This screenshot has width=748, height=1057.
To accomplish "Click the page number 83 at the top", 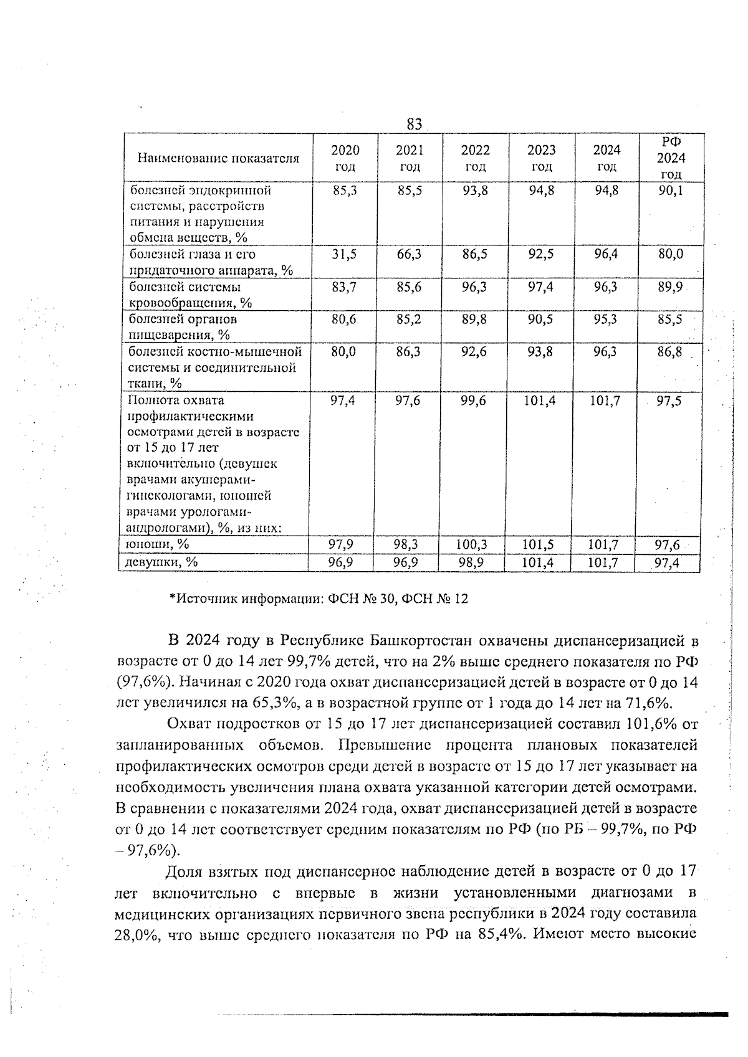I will pyautogui.click(x=415, y=124).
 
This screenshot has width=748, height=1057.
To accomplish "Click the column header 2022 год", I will pyautogui.click(x=475, y=158).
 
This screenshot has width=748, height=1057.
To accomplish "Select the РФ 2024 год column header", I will pyautogui.click(x=671, y=158).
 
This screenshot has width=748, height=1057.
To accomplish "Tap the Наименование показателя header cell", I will pyautogui.click(x=218, y=158).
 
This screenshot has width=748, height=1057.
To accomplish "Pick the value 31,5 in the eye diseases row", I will pyautogui.click(x=344, y=255).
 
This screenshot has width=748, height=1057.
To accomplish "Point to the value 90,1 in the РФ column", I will pyautogui.click(x=671, y=191).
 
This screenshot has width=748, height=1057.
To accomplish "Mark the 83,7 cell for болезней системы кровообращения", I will pyautogui.click(x=344, y=287).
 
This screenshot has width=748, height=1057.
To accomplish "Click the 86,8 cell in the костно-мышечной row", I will pyautogui.click(x=669, y=353).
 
